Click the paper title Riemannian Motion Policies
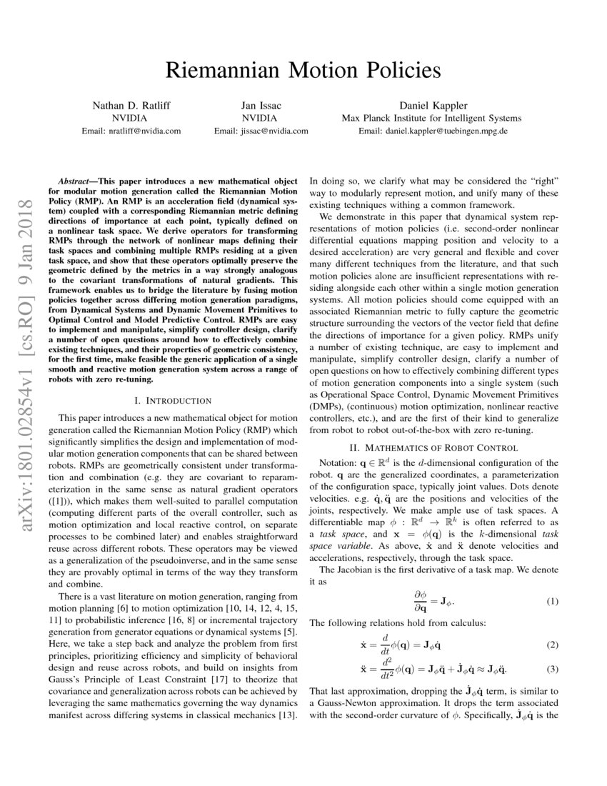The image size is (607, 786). (x=303, y=70)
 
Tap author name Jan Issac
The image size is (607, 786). (x=261, y=106)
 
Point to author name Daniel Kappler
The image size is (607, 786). (x=431, y=106)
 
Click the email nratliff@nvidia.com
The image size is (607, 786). (x=131, y=131)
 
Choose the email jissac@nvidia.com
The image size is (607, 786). (x=261, y=131)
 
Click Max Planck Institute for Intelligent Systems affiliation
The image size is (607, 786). (x=431, y=119)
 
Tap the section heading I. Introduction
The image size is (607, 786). (x=173, y=400)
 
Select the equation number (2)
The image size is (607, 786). (x=551, y=645)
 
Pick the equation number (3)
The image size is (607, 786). (x=551, y=669)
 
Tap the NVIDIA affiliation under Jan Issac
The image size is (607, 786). (x=261, y=119)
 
